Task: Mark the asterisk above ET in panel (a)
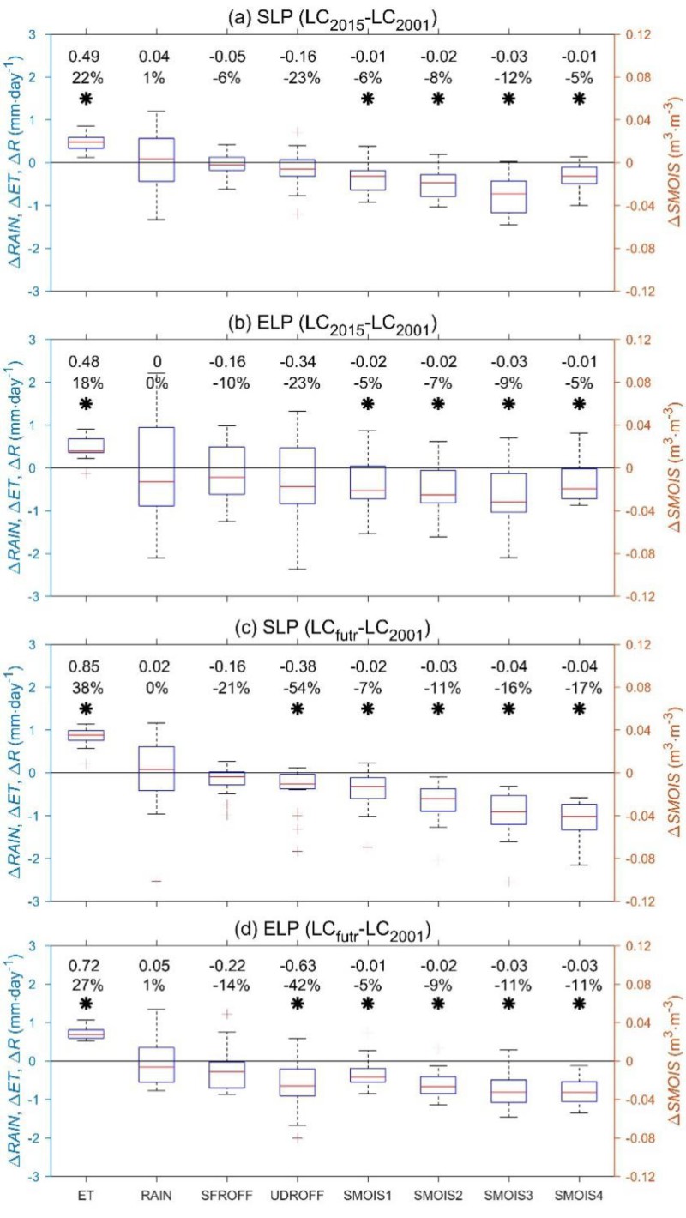click(86, 99)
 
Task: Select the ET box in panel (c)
click(86, 735)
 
